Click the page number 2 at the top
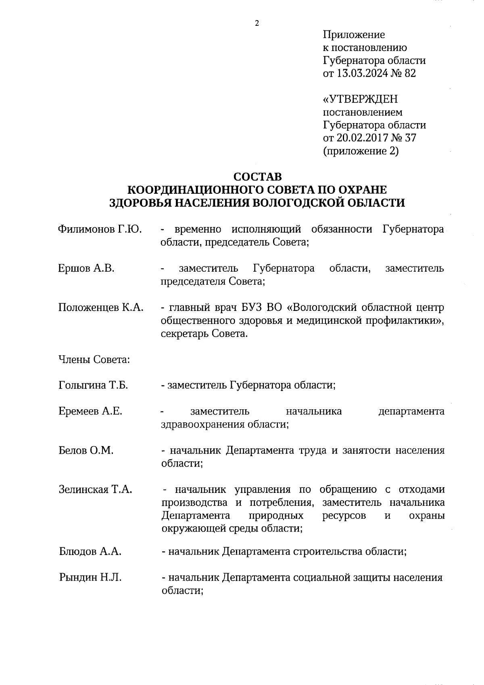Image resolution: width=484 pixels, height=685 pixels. [257, 23]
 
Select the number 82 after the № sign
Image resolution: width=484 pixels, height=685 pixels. [410, 73]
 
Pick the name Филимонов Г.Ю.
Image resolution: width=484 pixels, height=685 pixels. [100, 229]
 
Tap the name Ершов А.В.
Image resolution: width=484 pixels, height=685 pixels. [86, 268]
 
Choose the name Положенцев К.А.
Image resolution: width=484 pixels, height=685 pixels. [101, 308]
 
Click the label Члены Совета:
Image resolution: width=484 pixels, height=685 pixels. [94, 360]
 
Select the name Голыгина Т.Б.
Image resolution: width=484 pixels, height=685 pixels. [93, 385]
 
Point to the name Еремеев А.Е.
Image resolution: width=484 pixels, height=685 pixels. [90, 411]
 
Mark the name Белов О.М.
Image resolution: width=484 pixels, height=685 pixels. [86, 450]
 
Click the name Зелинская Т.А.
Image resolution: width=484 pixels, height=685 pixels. [96, 490]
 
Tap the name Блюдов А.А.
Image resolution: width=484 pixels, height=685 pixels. [90, 551]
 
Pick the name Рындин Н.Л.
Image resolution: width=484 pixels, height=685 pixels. [90, 578]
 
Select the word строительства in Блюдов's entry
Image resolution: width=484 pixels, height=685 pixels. [327, 551]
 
